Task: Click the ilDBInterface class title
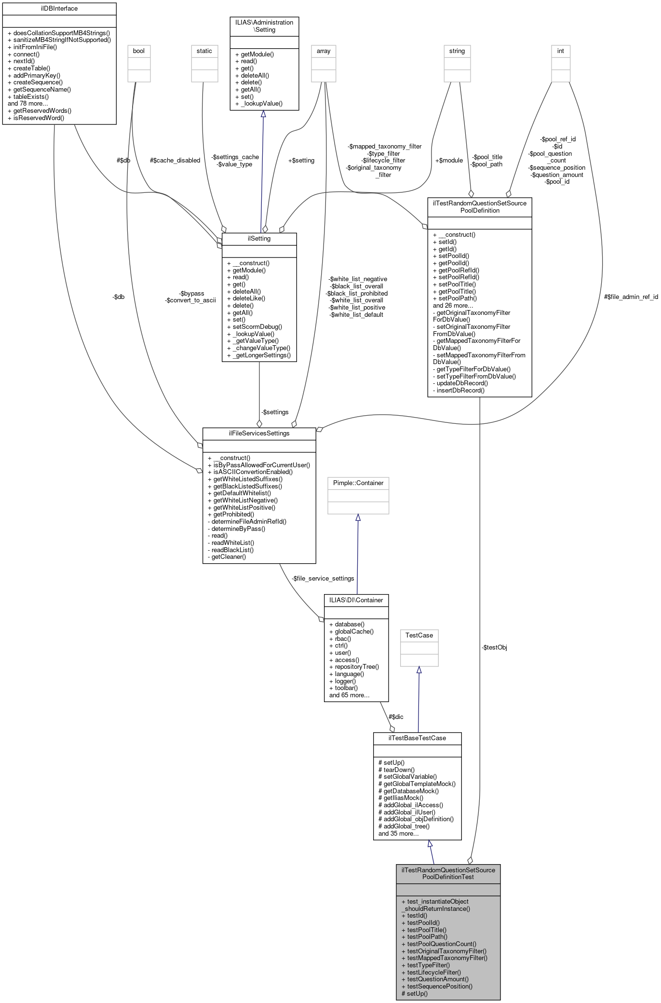coord(59,9)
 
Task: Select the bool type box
coord(139,51)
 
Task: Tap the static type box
coord(204,51)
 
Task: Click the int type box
coord(560,51)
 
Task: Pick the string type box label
coord(457,51)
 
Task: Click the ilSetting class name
coord(259,239)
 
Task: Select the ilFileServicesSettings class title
coord(259,434)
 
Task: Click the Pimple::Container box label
coord(358,483)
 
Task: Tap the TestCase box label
coord(419,636)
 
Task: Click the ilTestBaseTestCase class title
coord(417,738)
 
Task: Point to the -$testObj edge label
coord(494,648)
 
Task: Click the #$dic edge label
coord(396,717)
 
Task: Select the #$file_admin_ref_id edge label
coord(631,297)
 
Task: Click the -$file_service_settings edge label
coord(323,579)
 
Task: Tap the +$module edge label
coord(448,161)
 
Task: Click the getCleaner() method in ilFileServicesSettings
coord(229,557)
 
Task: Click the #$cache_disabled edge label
coord(175,161)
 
